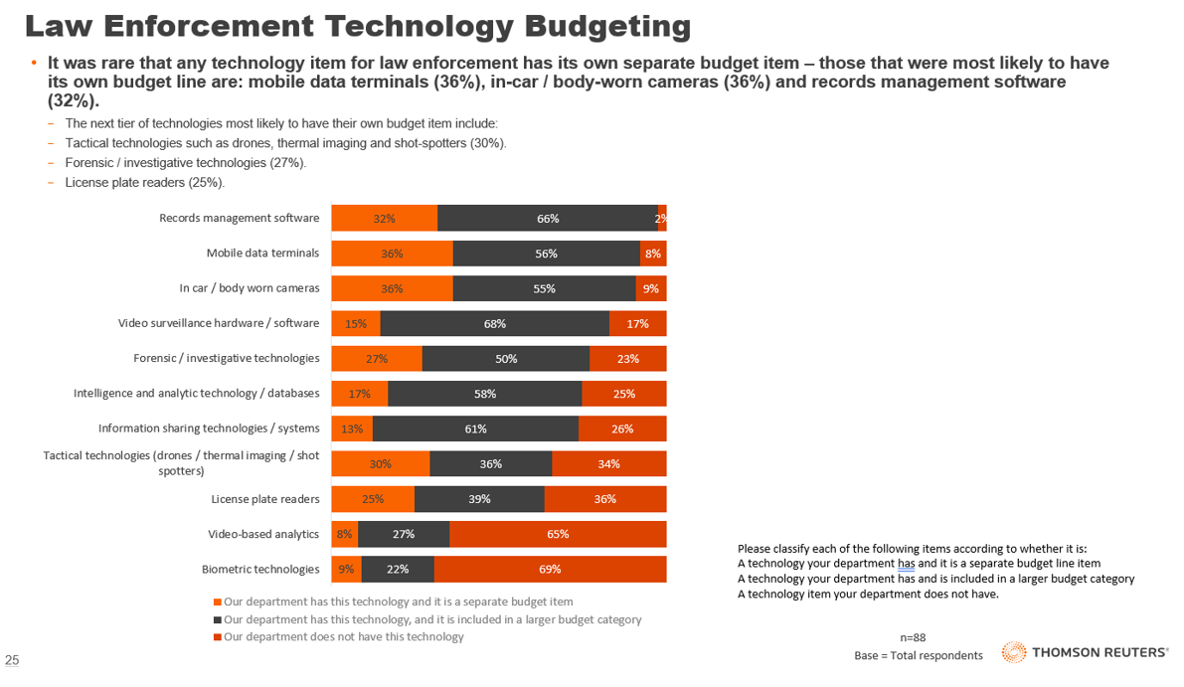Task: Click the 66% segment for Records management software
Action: click(x=548, y=219)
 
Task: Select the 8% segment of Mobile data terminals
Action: click(x=653, y=254)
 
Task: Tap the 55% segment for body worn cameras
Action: click(x=544, y=288)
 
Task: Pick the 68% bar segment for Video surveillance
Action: click(x=495, y=323)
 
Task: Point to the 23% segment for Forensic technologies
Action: click(x=627, y=358)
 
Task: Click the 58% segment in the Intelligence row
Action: click(x=485, y=394)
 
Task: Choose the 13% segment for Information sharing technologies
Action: click(x=352, y=429)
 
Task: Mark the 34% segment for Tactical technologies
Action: click(x=608, y=463)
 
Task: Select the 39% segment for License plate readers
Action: click(x=479, y=499)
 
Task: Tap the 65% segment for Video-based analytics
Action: click(x=558, y=534)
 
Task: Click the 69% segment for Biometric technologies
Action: click(x=550, y=570)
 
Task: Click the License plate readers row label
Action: click(x=265, y=499)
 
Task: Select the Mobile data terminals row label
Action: click(x=262, y=254)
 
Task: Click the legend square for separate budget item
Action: click(x=218, y=602)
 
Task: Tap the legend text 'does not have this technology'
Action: click(x=344, y=637)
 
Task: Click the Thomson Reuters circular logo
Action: click(x=1013, y=652)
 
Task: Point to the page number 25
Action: click(x=13, y=660)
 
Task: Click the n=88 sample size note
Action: click(x=913, y=637)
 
